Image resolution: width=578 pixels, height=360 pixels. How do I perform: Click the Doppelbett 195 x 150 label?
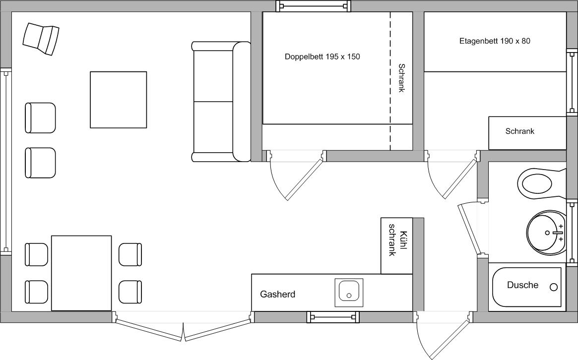coord(322,57)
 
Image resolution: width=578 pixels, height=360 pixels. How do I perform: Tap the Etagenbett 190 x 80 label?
coord(495,41)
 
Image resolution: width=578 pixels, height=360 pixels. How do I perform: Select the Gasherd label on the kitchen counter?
coord(277,294)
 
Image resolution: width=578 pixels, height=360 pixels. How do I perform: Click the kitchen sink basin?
coord(349,293)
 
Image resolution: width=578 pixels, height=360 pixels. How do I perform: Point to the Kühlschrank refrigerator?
coord(396,246)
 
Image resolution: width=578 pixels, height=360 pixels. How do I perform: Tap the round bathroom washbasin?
coord(546,233)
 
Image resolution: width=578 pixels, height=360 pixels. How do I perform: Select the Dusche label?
coord(522,285)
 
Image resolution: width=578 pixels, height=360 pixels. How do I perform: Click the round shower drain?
coord(553,287)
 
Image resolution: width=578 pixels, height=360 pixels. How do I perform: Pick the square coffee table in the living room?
coord(118,100)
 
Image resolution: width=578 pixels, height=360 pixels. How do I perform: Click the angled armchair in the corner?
coord(41,39)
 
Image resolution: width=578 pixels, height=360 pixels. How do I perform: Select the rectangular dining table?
coord(81,273)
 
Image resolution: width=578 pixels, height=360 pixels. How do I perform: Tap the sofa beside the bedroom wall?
coord(221,102)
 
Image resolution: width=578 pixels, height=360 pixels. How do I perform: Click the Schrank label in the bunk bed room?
coord(519,131)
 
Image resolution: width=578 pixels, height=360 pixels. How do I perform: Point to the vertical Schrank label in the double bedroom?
coord(401,78)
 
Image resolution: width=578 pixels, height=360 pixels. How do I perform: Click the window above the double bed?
coord(314,6)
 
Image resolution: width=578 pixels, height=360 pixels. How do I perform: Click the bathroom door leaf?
coord(470,229)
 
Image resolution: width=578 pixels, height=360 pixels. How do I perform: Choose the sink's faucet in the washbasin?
coord(555,233)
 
